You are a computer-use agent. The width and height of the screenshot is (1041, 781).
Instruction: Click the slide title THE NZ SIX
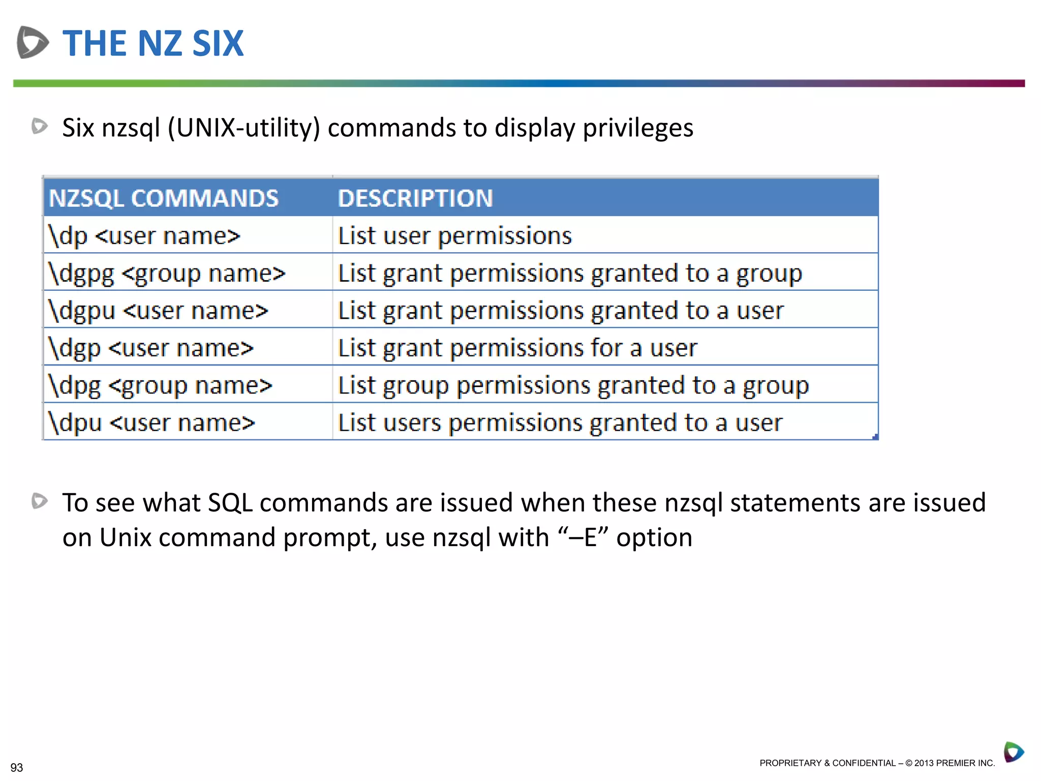point(153,44)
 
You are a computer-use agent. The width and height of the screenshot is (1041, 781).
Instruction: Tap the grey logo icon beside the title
point(33,42)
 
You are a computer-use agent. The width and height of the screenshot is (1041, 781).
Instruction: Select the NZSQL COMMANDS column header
point(164,198)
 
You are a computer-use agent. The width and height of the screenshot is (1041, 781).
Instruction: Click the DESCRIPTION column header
point(415,198)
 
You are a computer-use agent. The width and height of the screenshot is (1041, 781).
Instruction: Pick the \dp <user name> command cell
point(144,236)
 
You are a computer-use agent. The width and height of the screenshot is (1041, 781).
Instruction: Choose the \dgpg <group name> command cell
point(167,274)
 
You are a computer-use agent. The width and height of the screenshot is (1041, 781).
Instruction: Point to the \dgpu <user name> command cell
point(158,311)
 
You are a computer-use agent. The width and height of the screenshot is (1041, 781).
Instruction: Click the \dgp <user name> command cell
point(151,348)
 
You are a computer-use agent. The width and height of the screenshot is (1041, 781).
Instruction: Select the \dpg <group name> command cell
point(160,385)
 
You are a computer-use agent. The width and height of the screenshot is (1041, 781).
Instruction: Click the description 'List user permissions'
point(455,236)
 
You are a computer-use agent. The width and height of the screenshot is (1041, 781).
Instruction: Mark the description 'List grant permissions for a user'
point(517,348)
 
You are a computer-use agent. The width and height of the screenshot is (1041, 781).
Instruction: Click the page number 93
point(17,767)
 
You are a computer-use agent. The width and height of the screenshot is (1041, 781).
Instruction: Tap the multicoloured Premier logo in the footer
point(1014,752)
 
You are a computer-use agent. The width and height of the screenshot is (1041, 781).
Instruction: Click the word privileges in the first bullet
point(638,128)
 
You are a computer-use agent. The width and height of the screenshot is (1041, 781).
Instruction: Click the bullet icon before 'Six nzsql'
point(40,126)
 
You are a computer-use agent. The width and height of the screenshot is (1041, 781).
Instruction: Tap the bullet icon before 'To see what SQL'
point(40,501)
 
